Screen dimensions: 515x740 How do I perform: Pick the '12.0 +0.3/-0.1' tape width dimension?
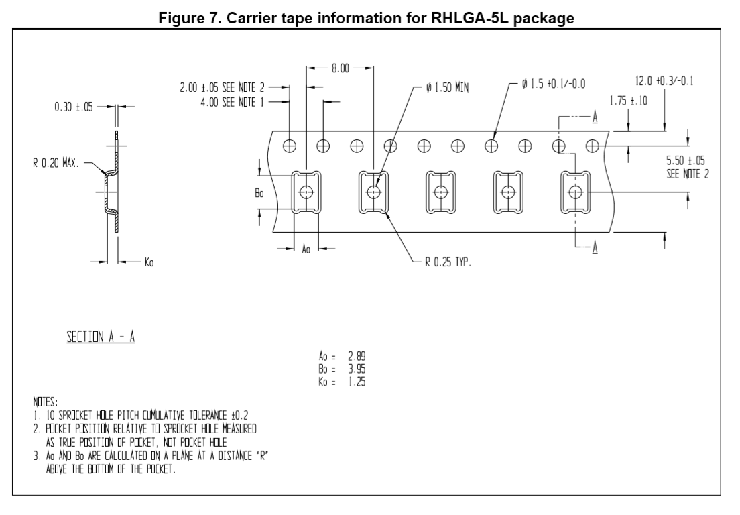click(x=664, y=82)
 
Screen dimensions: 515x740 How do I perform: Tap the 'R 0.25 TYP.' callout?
click(x=448, y=263)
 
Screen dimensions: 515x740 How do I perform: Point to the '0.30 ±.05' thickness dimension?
click(x=74, y=107)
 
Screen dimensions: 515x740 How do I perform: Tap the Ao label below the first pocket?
click(x=306, y=249)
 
